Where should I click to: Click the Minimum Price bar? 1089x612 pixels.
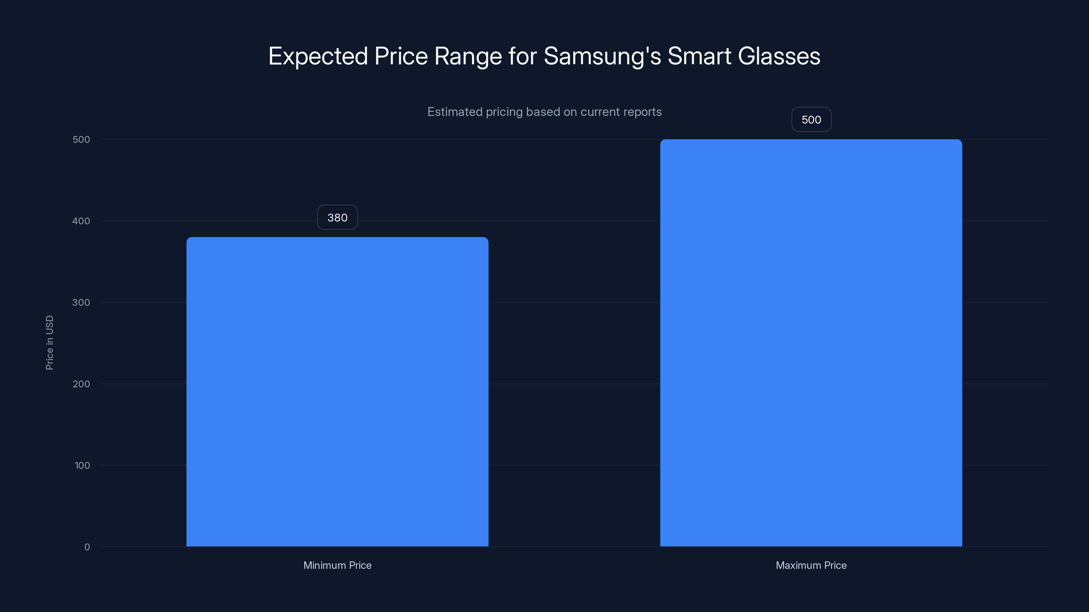337,392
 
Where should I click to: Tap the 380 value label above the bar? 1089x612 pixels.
337,218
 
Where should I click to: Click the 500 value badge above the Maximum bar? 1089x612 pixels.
811,120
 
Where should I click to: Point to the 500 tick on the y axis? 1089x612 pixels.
81,139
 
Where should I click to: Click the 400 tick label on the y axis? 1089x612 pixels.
81,221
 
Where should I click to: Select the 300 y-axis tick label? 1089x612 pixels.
81,302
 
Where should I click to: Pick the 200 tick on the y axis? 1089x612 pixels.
81,384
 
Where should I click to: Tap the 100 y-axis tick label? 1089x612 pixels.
82,465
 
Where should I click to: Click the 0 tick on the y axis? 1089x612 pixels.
87,547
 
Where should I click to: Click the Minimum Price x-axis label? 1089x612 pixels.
337,565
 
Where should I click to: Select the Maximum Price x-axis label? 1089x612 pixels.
811,565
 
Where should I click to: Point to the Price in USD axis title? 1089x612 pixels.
49,342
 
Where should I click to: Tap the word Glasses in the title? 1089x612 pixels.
779,56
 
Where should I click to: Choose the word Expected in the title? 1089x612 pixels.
318,56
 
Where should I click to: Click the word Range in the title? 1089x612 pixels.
468,56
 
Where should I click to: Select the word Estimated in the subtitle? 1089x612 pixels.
454,112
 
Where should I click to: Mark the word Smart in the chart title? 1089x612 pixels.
699,56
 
